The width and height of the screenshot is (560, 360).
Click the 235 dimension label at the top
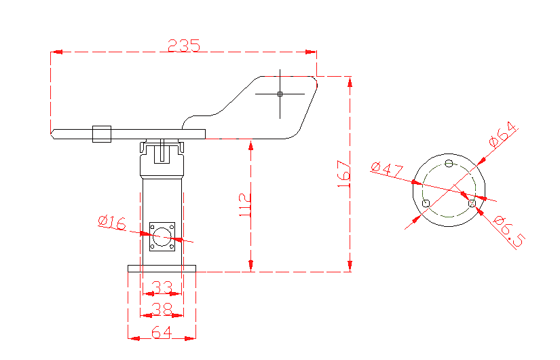184,45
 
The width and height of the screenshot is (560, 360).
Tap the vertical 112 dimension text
245,205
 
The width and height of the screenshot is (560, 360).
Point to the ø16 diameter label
112,221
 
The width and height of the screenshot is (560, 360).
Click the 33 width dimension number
162,287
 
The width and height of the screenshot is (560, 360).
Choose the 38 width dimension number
162,309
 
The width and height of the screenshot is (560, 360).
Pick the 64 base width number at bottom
162,332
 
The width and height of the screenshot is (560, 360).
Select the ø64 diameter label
503,135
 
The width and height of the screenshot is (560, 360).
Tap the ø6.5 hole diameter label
509,232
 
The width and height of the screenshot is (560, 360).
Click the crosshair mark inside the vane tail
280,94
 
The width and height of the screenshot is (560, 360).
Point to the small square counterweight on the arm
102,134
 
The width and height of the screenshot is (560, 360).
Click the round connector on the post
162,236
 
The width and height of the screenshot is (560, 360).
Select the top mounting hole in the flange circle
448,163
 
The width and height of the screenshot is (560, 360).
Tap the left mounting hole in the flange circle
426,203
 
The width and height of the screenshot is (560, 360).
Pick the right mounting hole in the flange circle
472,202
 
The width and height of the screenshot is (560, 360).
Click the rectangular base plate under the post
162,268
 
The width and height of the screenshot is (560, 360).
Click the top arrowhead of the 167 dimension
350,82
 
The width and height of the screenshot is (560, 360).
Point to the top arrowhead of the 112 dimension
251,144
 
